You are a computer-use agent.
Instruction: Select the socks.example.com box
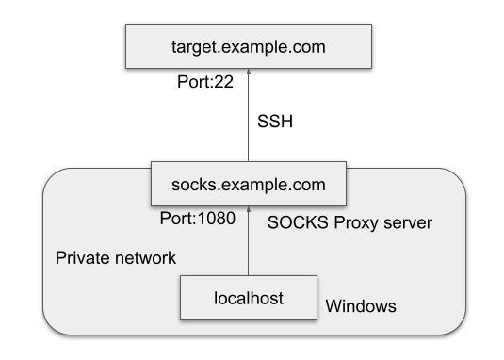pos(249,184)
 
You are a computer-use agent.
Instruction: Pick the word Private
pos(78,257)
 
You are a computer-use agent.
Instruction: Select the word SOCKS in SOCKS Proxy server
pos(294,224)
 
